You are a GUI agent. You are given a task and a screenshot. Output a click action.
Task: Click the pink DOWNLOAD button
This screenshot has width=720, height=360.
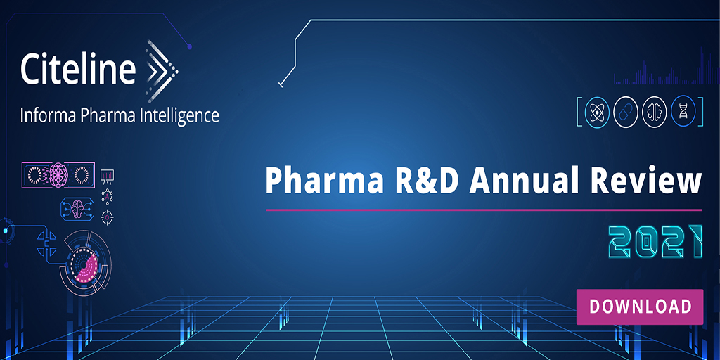640,307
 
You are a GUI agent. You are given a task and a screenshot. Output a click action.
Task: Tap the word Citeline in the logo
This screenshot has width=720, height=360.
77,69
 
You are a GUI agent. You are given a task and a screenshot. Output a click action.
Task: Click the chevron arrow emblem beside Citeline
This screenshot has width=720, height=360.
161,67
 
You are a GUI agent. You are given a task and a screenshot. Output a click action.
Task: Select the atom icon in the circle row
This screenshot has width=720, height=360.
597,112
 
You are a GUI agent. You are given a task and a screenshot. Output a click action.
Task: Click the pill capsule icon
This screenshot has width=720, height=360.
626,112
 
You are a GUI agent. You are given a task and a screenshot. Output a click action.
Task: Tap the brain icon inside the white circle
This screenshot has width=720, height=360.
655,112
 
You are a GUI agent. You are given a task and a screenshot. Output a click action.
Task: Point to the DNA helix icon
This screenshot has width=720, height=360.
683,112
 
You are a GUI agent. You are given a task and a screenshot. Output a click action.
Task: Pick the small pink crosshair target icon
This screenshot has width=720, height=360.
107,217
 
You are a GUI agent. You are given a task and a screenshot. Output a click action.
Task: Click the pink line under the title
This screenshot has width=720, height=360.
484,210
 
